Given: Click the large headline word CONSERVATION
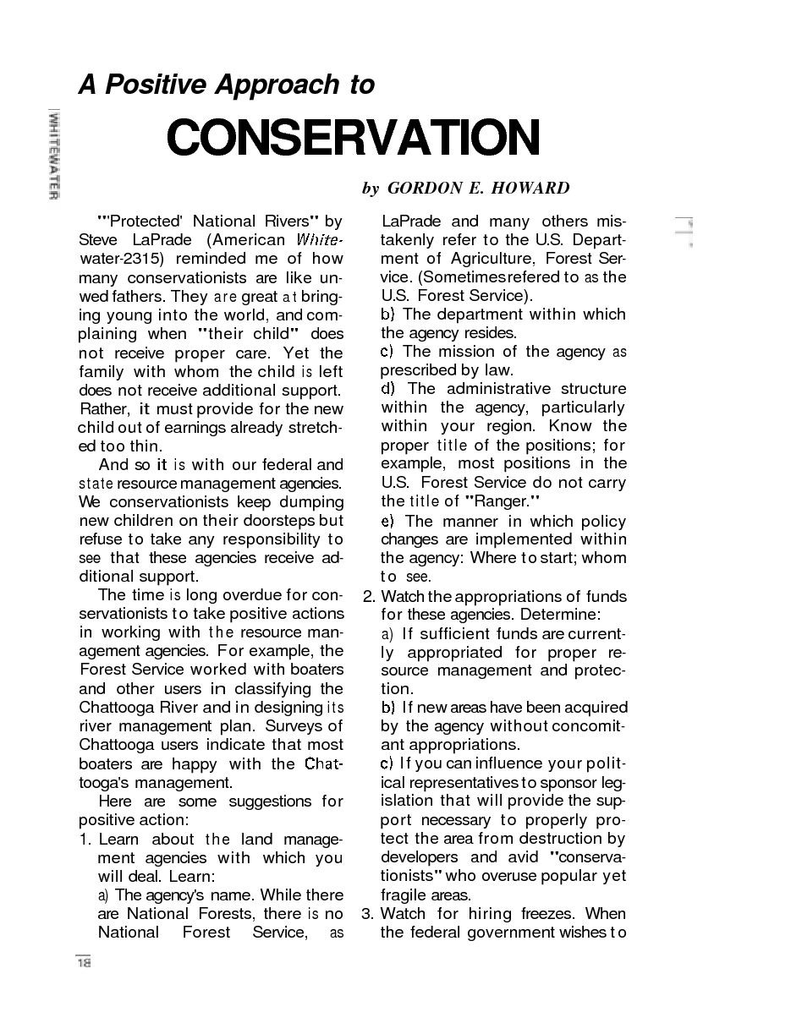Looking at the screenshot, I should [353, 138].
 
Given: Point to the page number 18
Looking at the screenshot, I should [84, 962].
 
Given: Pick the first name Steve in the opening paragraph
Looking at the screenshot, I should [98, 240].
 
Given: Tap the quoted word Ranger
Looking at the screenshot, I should [505, 501].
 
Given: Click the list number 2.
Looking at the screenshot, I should [368, 596].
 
